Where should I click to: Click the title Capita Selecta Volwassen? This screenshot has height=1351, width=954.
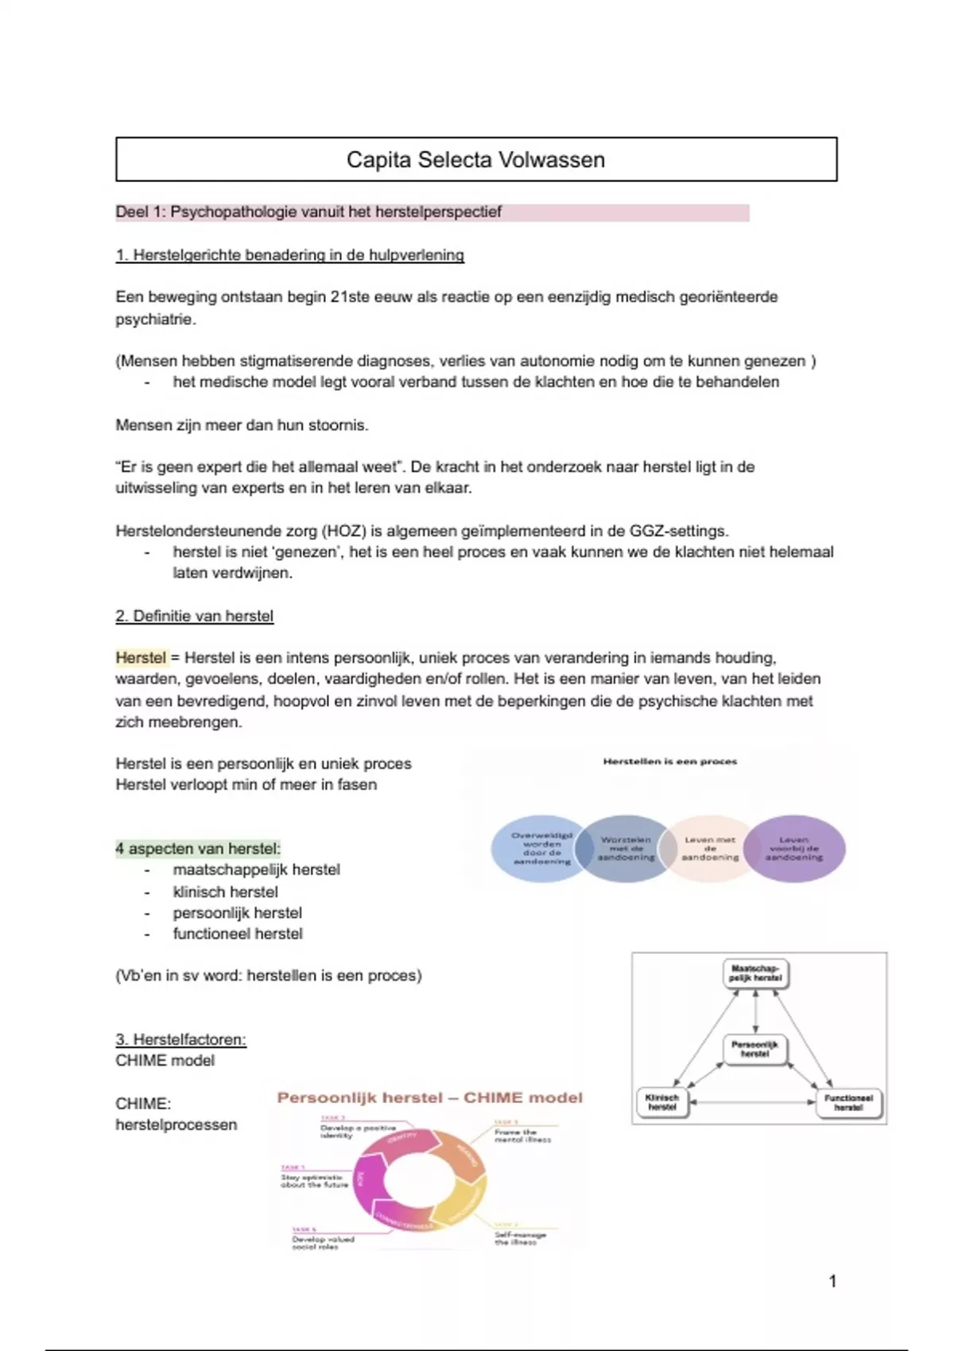point(475,160)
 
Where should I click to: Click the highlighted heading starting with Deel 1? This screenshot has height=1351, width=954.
point(308,212)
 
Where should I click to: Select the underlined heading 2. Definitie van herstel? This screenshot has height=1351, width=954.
point(195,616)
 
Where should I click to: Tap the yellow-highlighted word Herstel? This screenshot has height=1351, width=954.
point(141,658)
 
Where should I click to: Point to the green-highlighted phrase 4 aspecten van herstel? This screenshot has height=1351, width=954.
point(198,849)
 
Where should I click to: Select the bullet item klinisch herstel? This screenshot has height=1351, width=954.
point(225,892)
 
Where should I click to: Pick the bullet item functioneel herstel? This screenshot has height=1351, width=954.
point(238,934)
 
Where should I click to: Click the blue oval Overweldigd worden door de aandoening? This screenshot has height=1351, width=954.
point(542,849)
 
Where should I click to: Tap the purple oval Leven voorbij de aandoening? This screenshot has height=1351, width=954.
point(794,849)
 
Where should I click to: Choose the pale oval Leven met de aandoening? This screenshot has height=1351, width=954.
point(710,849)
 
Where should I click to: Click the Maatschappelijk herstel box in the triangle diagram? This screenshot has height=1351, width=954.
point(755,974)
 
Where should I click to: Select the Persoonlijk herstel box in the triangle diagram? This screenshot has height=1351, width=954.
point(755,1049)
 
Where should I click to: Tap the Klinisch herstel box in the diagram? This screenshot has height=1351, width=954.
point(662,1101)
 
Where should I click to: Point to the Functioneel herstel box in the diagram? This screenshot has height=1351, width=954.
point(848,1101)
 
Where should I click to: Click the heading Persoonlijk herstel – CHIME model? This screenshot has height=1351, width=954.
point(429,1098)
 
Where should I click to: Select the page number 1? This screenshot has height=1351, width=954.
point(832,1281)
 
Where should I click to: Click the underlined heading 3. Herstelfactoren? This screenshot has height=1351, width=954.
point(180,1039)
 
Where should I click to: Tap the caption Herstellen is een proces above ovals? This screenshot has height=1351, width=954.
point(669,761)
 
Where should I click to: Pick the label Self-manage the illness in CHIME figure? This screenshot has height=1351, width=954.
point(520,1238)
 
